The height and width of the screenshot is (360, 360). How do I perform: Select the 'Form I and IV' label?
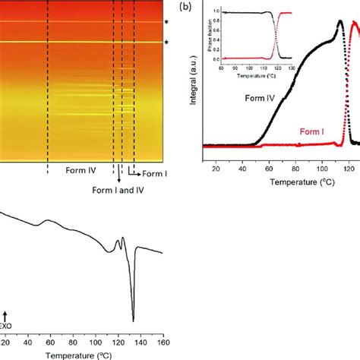pyautogui.click(x=118, y=190)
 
